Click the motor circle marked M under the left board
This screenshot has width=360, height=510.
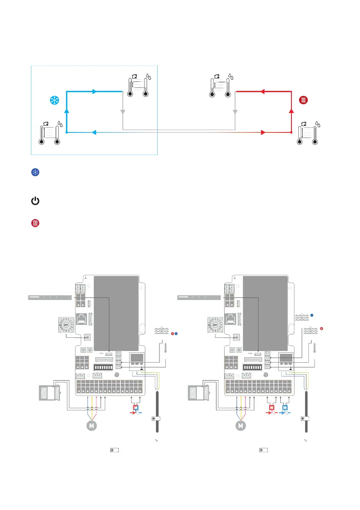(x=91, y=426)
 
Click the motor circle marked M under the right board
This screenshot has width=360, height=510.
(x=241, y=426)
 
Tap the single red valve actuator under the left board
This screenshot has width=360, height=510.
(x=136, y=407)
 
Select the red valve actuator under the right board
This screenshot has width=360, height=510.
(x=271, y=407)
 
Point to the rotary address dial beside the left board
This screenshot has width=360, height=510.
(x=66, y=325)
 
